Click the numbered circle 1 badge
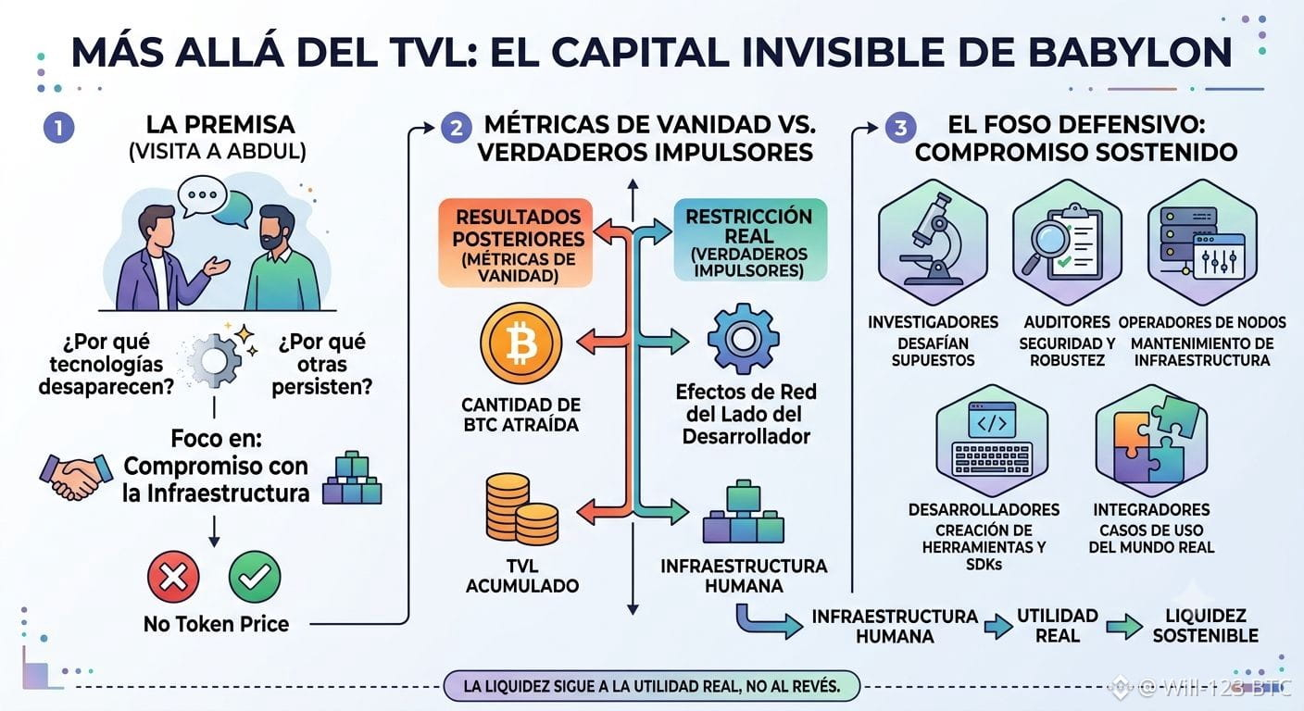(58, 128)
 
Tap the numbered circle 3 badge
(900, 128)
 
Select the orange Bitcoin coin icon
(521, 343)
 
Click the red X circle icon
(173, 577)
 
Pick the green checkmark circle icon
(255, 577)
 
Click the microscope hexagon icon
(933, 242)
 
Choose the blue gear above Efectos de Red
(744, 339)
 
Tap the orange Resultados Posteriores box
(516, 243)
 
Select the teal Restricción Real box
(750, 241)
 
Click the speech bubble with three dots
(202, 196)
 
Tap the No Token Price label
(216, 624)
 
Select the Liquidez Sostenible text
(1205, 626)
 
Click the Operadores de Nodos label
(1202, 322)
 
